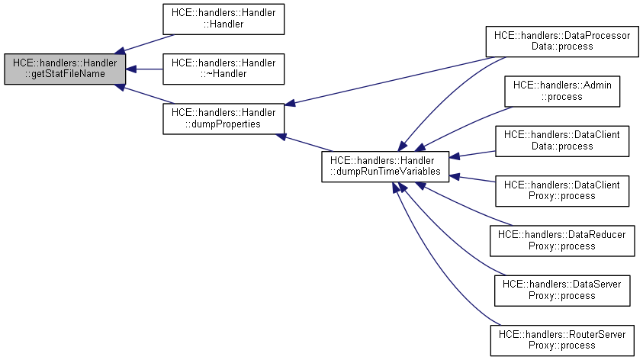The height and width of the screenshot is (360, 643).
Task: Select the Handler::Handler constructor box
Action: [223, 20]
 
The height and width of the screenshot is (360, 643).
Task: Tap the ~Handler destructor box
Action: [223, 68]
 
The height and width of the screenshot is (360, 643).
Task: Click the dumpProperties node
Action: [223, 117]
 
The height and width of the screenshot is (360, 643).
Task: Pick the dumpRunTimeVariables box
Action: [384, 166]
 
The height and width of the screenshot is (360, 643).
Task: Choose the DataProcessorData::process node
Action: [563, 40]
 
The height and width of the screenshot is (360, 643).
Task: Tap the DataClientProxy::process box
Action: [563, 190]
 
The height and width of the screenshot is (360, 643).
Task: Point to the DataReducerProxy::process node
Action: [563, 238]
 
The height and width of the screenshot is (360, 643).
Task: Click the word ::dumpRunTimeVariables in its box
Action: [384, 172]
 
